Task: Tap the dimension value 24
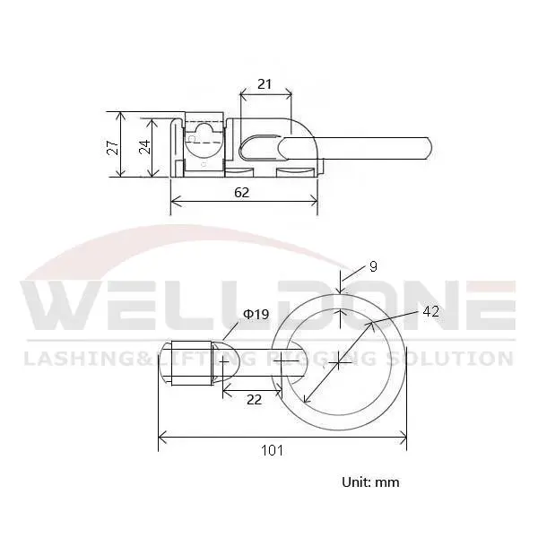[144, 147]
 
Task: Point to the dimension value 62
[241, 192]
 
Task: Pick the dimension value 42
[430, 311]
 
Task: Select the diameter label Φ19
[256, 314]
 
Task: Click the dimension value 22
[254, 400]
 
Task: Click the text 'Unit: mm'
[370, 482]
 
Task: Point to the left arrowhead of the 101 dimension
[161, 438]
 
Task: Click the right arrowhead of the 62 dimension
[316, 203]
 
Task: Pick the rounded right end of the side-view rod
[432, 144]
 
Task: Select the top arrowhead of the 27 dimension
[119, 115]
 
